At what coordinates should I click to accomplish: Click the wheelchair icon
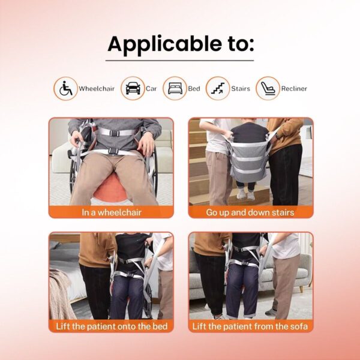[x=65, y=88]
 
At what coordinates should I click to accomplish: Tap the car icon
[x=133, y=88]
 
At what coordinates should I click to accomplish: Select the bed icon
[x=175, y=88]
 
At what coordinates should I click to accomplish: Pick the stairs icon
[x=218, y=88]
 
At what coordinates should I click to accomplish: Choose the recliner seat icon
[x=268, y=88]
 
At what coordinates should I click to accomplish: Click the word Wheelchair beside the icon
[x=97, y=89]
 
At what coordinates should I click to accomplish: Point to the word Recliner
[x=294, y=89]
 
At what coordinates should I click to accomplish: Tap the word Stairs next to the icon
[x=241, y=89]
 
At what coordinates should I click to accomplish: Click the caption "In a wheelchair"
[x=112, y=212]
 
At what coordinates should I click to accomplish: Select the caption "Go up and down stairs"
[x=250, y=212]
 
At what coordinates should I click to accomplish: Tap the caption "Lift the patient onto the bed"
[x=112, y=326]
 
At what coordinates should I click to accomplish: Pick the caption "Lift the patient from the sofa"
[x=250, y=326]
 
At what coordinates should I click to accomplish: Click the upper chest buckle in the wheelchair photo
[x=115, y=133]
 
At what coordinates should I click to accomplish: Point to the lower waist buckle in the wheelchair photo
[x=113, y=151]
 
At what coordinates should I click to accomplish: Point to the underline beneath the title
[x=179, y=61]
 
